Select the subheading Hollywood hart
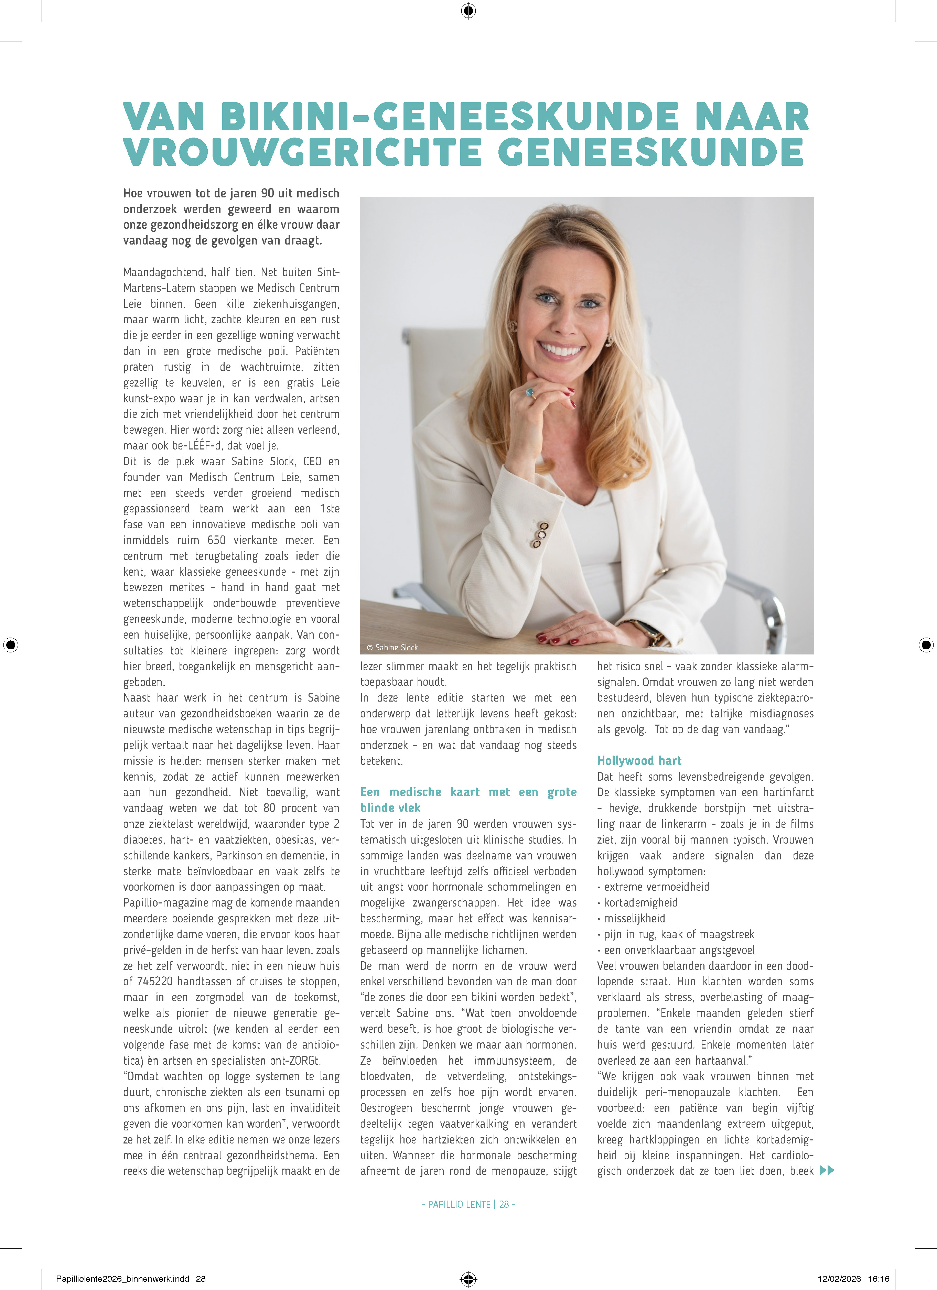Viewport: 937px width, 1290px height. click(x=639, y=760)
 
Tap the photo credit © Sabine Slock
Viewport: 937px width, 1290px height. click(x=392, y=647)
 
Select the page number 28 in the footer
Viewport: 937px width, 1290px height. click(x=504, y=1204)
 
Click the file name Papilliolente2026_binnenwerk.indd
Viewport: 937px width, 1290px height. click(x=122, y=1279)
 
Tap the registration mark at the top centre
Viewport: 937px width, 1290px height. click(x=468, y=10)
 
